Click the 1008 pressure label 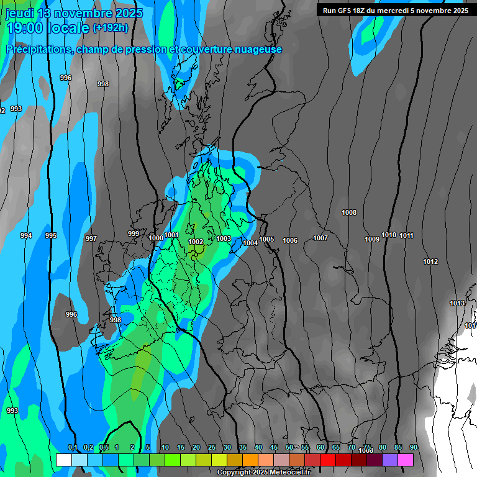click(349, 213)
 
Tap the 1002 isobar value click(196, 242)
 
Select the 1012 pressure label click(430, 261)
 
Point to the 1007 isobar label click(320, 238)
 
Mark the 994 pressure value click(26, 236)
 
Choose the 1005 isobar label click(267, 239)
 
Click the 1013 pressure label click(457, 303)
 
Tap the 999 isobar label click(134, 234)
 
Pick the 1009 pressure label click(372, 239)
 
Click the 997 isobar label click(91, 238)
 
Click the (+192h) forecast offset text click(111, 28)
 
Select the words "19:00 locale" click(48, 28)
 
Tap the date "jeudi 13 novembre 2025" click(74, 13)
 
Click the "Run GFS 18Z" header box click(396, 11)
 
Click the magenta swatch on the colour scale click(406, 460)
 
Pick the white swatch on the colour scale click(64, 460)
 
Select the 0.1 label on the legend click(73, 448)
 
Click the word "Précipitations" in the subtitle click(37, 50)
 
